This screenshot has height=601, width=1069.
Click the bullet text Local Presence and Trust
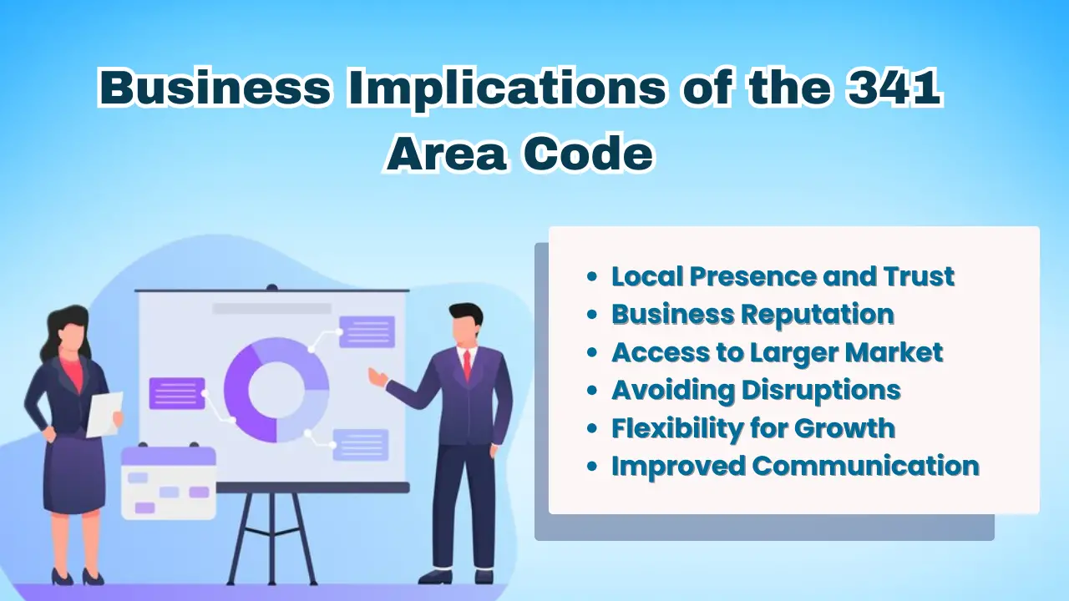(x=783, y=276)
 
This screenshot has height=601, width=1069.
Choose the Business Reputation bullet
(x=752, y=315)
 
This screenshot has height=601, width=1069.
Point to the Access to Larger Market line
(x=777, y=352)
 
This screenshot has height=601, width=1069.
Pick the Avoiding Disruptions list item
(x=756, y=390)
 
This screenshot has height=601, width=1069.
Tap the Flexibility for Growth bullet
(x=752, y=428)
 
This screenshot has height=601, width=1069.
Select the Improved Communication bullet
(x=794, y=466)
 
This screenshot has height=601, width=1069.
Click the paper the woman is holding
(x=105, y=412)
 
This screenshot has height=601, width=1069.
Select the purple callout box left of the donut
(x=177, y=393)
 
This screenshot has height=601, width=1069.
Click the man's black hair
(x=465, y=315)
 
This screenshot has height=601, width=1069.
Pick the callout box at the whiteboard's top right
(x=367, y=331)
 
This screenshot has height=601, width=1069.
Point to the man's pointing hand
(x=377, y=377)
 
